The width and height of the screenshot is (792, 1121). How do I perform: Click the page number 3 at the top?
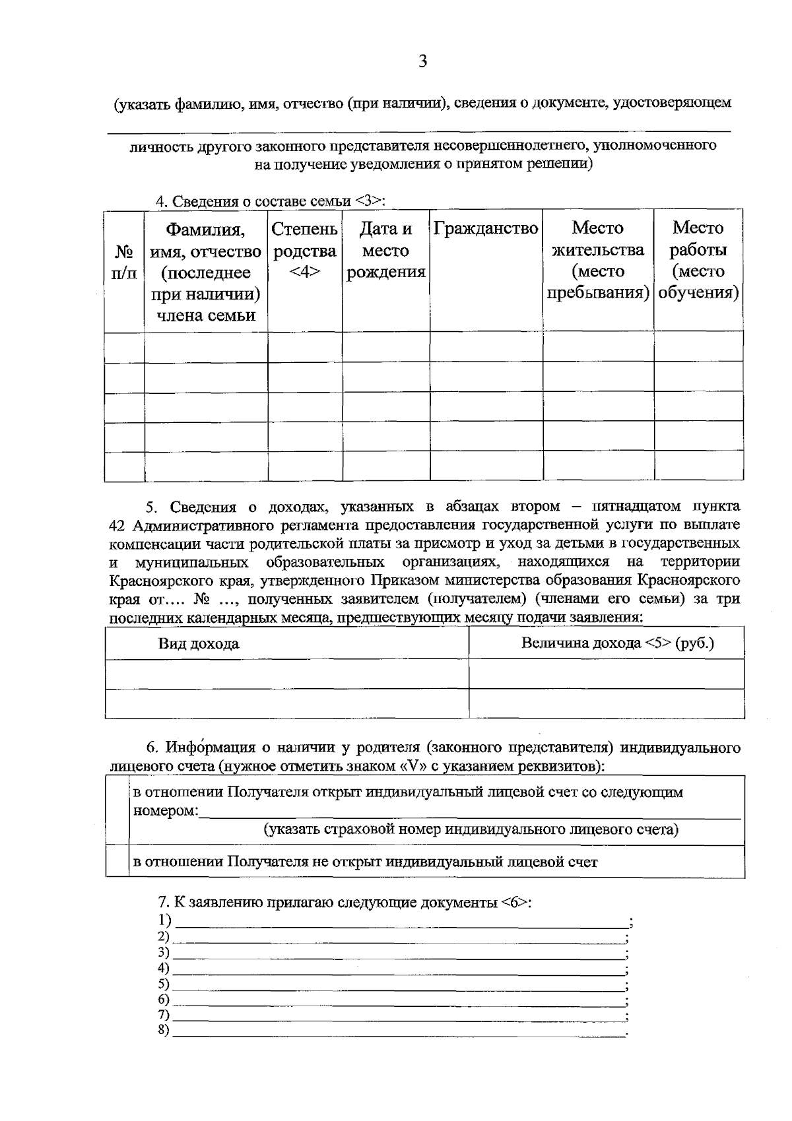coord(422,62)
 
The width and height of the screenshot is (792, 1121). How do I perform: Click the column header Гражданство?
coord(486,229)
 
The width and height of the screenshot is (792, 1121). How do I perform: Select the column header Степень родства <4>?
coord(304,250)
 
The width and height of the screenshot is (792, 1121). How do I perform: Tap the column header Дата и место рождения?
coord(385,250)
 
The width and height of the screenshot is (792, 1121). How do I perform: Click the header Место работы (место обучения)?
coord(698,260)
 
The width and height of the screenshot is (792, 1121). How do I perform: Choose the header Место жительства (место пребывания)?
coord(597,260)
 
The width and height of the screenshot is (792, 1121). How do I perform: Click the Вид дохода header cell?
coord(198,643)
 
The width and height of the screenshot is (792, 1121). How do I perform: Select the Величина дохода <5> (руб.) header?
coord(617,643)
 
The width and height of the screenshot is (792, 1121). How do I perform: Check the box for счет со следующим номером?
coord(117,810)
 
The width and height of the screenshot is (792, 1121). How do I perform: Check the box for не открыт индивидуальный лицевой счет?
coord(117,862)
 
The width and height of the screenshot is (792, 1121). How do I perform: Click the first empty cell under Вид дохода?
coord(286,674)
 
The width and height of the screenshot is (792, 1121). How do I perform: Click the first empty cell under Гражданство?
coord(486,346)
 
